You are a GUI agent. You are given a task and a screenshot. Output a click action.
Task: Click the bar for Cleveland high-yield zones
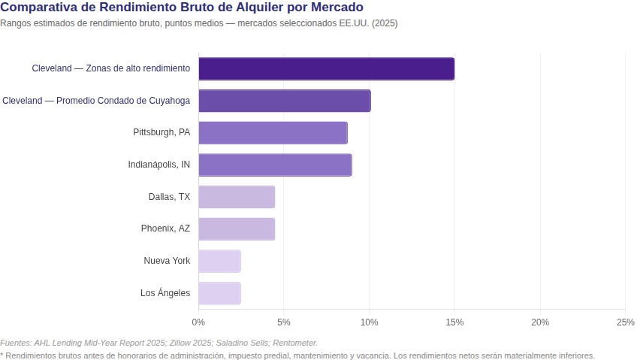pos(326,68)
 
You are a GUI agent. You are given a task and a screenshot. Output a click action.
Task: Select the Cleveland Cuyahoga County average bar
pos(284,101)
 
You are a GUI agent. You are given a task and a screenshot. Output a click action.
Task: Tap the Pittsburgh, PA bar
pos(273,132)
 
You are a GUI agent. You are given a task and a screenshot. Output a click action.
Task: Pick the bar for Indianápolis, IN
pos(275,165)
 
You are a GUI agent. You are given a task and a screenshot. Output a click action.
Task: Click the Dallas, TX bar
pos(237,197)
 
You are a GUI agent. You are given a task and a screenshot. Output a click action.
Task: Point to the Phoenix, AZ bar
pos(237,228)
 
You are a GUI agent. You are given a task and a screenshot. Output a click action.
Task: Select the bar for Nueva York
pos(219,261)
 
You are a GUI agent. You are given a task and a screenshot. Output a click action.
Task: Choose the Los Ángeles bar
pos(219,293)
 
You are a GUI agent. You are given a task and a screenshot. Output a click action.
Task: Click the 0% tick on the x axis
pos(198,322)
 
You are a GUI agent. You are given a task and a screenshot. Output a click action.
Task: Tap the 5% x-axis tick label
pos(284,322)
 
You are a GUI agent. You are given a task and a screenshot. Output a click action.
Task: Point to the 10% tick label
pos(369,322)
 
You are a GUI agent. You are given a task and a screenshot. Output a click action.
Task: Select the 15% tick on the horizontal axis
pos(454,322)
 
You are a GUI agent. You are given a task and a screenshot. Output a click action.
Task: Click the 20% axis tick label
pos(540,322)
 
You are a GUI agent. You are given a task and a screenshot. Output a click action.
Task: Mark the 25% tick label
pos(625,322)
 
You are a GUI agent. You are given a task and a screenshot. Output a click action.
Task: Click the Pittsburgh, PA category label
pos(162,132)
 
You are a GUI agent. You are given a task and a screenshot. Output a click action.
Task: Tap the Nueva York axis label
pos(167,261)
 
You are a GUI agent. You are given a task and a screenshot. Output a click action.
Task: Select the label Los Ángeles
pos(165,293)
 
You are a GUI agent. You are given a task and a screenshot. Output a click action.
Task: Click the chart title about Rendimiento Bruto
pos(182,8)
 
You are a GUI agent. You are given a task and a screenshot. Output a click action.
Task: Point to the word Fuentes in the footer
pos(15,343)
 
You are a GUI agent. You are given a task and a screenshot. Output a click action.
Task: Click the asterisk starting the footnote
pos(2,355)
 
